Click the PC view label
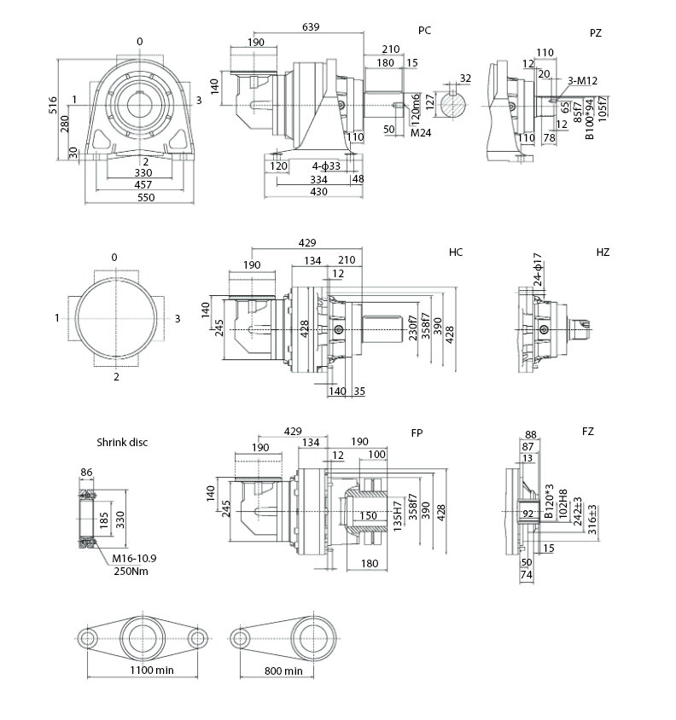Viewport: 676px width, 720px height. (x=424, y=31)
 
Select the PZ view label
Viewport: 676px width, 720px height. (x=595, y=32)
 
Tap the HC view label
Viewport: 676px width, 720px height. (x=456, y=253)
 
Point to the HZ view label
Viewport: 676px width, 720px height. (x=603, y=253)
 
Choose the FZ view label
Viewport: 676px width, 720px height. (x=588, y=432)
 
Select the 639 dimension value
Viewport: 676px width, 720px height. (x=311, y=27)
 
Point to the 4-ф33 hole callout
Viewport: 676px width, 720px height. (x=326, y=165)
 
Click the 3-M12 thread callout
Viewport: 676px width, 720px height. (x=583, y=80)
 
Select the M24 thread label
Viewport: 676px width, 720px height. (x=420, y=133)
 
